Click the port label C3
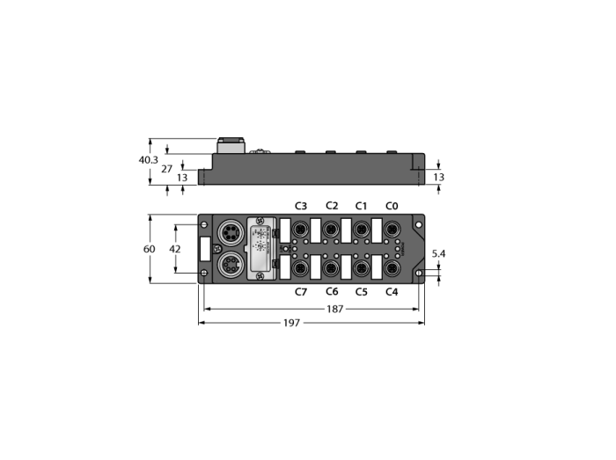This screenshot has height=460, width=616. click(301, 206)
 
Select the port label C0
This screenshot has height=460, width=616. click(392, 206)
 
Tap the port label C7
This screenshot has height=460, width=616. click(301, 292)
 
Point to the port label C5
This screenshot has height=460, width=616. click(362, 292)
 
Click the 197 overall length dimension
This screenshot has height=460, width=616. click(291, 323)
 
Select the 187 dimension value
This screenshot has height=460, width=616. click(334, 310)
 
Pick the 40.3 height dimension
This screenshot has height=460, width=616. click(149, 160)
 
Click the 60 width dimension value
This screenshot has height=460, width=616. click(150, 249)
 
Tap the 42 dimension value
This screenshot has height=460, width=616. click(175, 249)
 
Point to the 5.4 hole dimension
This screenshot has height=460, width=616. click(438, 254)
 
